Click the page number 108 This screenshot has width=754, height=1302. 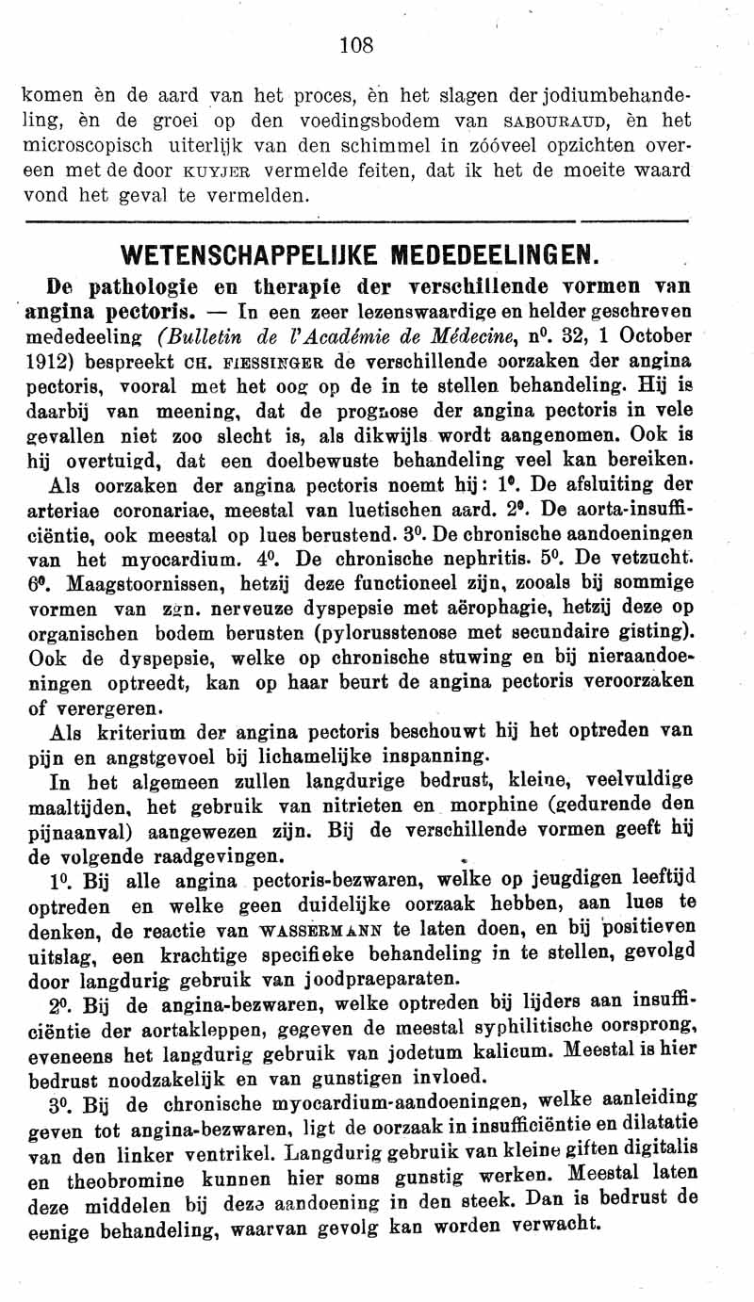point(358,45)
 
